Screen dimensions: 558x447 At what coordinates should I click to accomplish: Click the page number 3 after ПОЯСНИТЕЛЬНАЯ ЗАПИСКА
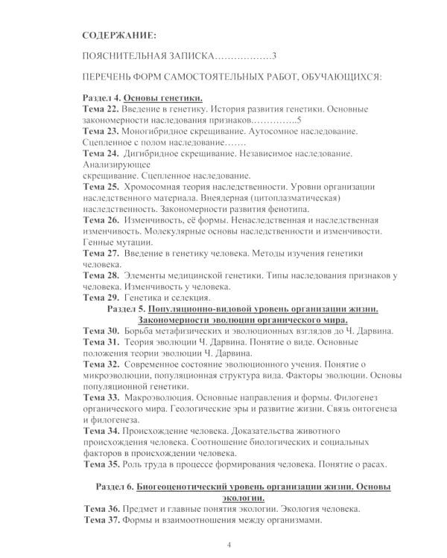(274, 57)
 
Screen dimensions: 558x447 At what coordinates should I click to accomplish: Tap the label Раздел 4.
(101, 98)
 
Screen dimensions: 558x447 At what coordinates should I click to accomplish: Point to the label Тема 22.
(101, 109)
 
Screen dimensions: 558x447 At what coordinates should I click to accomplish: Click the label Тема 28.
(101, 275)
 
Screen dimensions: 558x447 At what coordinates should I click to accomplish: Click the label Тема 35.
(101, 464)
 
